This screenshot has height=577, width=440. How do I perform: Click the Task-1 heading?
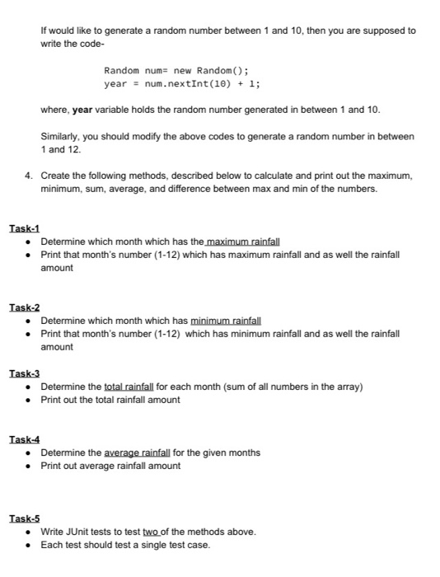point(24,228)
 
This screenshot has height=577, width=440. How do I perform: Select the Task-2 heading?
point(24,307)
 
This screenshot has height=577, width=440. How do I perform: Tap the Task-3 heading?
point(24,373)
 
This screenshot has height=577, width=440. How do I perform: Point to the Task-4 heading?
point(24,439)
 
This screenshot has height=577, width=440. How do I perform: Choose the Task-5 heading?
point(24,518)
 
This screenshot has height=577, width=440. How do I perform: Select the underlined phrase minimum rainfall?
point(226,320)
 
